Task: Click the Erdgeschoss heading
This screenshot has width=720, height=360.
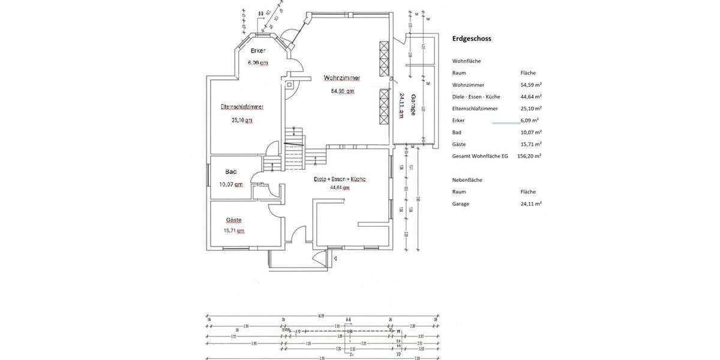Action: click(472, 38)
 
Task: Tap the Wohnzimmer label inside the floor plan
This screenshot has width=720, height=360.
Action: click(341, 78)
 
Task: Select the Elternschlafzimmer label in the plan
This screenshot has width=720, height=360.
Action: click(242, 107)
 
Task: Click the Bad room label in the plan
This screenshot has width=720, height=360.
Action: click(231, 172)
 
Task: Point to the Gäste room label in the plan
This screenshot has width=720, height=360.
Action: click(233, 220)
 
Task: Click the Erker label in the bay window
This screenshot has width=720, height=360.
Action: click(258, 51)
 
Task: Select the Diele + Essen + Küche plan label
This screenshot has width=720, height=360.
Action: click(340, 179)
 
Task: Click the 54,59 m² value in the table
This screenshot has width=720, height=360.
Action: click(530, 85)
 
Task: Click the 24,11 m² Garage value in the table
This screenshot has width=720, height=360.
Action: click(530, 204)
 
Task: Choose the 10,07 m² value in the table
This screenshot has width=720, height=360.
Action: click(530, 132)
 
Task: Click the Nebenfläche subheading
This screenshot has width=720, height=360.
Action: click(467, 180)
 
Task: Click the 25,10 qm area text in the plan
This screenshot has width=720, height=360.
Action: click(242, 120)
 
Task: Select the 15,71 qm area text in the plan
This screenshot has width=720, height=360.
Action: click(233, 230)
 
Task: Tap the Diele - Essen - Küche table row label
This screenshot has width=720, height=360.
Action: click(476, 97)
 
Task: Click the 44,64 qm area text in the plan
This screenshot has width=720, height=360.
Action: click(340, 187)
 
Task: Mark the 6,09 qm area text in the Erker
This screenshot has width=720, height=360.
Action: click(258, 62)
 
